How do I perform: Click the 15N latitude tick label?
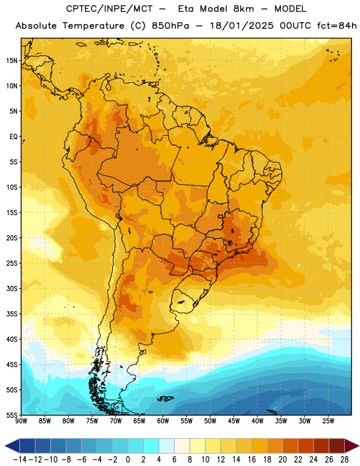coord(12,61)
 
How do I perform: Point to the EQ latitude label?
coord(13,137)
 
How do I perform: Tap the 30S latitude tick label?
coord(12,288)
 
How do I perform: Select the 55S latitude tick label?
coord(12,415)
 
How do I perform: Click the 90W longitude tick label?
coord(21,421)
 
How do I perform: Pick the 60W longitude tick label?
coord(163,421)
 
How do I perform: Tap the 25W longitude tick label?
coord(328,421)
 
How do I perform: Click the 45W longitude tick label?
coord(234,421)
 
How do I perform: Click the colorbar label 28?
coord(344,460)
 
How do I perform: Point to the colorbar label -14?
coord(20,460)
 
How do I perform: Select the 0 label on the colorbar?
coord(128,460)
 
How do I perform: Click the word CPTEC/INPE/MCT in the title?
coord(109,9)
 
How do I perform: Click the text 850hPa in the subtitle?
coord(170,26)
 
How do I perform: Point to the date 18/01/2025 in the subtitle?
coord(242,26)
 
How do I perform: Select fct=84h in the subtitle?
coord(337,26)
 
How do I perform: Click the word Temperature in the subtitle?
coord(94,26)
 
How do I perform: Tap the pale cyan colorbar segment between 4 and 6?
coord(167,446)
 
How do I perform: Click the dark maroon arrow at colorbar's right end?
coord(351,446)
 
